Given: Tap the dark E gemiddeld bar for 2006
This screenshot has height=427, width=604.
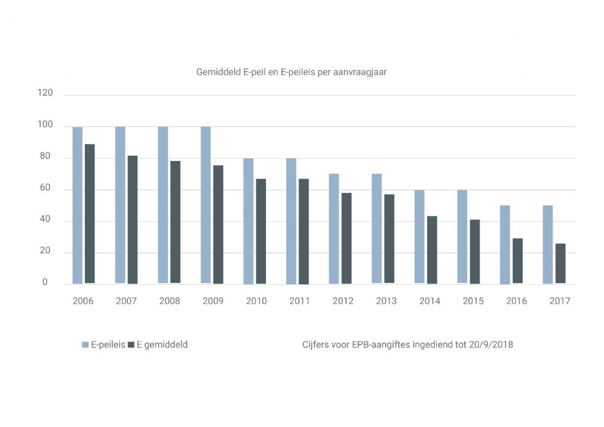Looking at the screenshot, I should click(90, 213).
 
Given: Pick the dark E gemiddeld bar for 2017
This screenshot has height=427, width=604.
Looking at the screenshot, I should click(560, 263).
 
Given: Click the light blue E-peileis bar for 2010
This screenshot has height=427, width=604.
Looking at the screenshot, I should click(248, 221).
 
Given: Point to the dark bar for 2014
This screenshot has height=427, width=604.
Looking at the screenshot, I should click(432, 249).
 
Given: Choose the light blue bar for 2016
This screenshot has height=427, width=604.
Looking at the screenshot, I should click(505, 244).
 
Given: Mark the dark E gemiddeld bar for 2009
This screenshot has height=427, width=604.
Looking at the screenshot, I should click(218, 224).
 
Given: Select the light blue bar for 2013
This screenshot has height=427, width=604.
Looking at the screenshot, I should click(376, 228).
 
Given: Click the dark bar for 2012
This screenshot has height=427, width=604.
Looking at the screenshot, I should click(346, 238).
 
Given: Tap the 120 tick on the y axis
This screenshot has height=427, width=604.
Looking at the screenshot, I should click(45, 93).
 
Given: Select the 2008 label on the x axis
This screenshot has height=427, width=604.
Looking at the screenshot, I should click(170, 301).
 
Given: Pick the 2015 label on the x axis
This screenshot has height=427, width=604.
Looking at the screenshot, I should click(473, 301).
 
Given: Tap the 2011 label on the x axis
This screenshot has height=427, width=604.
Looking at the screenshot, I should click(300, 301).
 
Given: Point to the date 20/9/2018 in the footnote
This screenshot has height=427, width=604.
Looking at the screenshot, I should click(491, 344).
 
